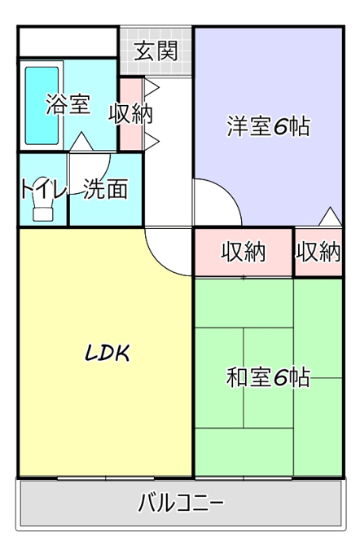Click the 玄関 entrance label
(x=156, y=51)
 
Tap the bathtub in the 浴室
(x=42, y=106)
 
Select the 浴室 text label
(x=68, y=104)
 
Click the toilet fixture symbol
(x=43, y=209)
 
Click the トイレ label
(x=44, y=189)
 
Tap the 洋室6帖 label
(x=269, y=126)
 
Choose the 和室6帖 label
(x=269, y=377)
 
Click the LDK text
(x=108, y=353)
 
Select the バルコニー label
(x=181, y=503)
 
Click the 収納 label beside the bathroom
(x=130, y=114)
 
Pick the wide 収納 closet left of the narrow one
(x=244, y=252)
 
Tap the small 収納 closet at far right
(x=318, y=252)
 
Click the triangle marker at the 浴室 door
(x=81, y=141)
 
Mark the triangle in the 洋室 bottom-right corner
(x=331, y=216)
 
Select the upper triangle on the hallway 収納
(x=151, y=88)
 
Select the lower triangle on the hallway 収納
(x=151, y=142)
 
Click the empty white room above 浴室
(x=68, y=42)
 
